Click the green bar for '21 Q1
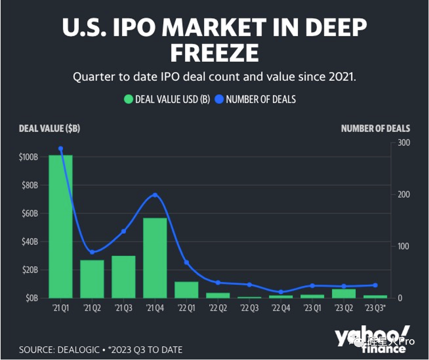[x=60, y=226]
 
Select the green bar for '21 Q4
[x=155, y=257]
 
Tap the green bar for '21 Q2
[x=92, y=279]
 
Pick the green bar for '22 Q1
[x=186, y=290]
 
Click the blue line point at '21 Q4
[x=155, y=195]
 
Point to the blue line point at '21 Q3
[x=123, y=231]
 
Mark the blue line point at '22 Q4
[x=281, y=292]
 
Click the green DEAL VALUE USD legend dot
[x=128, y=99]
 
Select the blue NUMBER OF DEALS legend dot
[x=219, y=99]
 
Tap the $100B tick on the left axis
[x=29, y=157]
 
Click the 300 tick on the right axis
[x=404, y=143]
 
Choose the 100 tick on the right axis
[x=404, y=246]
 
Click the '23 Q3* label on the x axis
[x=375, y=309]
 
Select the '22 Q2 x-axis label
[x=218, y=309]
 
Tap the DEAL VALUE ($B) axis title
[x=49, y=129]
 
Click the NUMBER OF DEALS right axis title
[x=375, y=129]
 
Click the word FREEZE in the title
[x=214, y=52]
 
